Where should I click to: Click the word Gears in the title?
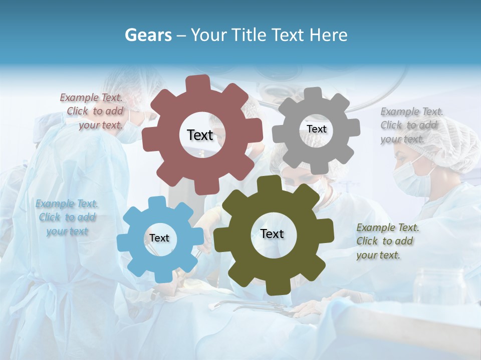(x=148, y=35)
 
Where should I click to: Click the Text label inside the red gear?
(x=200, y=135)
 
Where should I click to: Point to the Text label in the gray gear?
(x=316, y=129)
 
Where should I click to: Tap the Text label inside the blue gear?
(x=159, y=238)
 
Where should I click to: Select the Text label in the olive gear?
(x=272, y=233)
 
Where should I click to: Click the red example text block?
(x=92, y=111)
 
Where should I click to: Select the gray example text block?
(x=411, y=125)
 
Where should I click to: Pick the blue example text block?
(x=67, y=217)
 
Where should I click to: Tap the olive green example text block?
(x=387, y=241)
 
